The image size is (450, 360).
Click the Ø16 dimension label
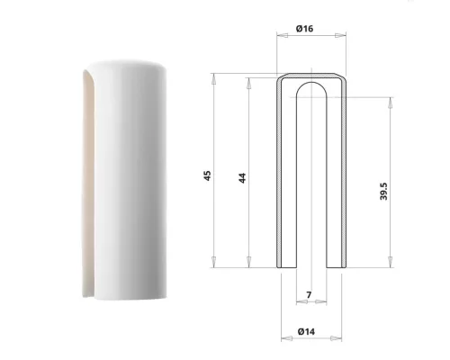pyautogui.click(x=304, y=29)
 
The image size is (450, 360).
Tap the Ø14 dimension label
pyautogui.click(x=306, y=331)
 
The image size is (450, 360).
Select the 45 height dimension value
pyautogui.click(x=207, y=175)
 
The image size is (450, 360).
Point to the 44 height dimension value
pyautogui.click(x=242, y=178)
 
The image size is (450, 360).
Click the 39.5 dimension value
pyautogui.click(x=383, y=191)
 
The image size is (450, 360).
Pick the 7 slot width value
pyautogui.click(x=309, y=295)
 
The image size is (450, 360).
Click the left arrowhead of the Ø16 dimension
pyautogui.click(x=283, y=35)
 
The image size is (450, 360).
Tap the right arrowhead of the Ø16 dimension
pyautogui.click(x=340, y=35)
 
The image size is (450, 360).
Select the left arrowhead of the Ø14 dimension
pyautogui.click(x=287, y=338)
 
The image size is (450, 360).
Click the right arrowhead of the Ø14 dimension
pyautogui.click(x=336, y=338)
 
